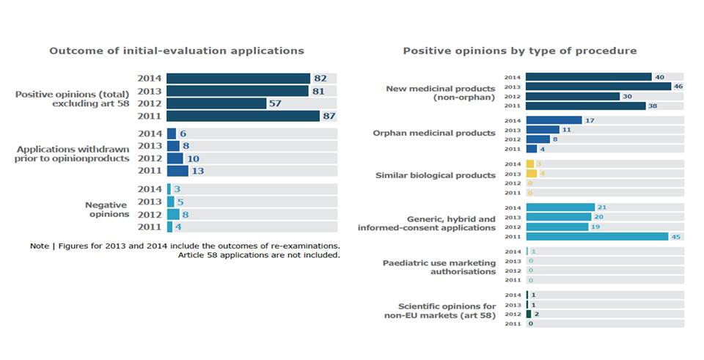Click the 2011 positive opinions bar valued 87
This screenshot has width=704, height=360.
[243, 116]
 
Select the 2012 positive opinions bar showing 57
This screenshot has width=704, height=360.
[216, 103]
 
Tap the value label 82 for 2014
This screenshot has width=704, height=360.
[320, 78]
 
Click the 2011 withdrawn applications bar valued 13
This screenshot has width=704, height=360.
[177, 171]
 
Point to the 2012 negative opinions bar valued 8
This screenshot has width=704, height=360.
[173, 214]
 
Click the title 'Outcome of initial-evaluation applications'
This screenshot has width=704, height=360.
[176, 51]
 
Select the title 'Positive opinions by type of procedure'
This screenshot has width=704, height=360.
[519, 51]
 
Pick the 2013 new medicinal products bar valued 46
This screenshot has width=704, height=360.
[598, 87]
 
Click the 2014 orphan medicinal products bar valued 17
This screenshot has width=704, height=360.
[554, 120]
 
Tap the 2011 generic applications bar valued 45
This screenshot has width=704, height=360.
[597, 236]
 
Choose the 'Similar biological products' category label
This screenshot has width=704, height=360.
[436, 176]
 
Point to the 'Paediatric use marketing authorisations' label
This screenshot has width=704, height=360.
[439, 267]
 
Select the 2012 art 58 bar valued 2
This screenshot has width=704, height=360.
[528, 314]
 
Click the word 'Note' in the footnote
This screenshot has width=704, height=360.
[40, 246]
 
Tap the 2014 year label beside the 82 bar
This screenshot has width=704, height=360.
[150, 78]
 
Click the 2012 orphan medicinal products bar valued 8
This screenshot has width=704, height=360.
[538, 139]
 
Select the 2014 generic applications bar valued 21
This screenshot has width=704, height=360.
[560, 207]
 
